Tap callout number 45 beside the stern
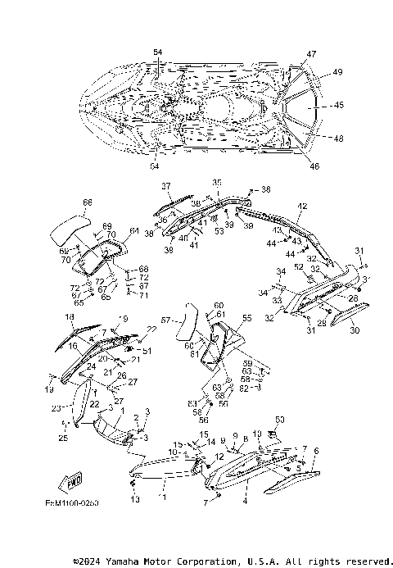339,106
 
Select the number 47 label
311,54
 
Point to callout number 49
337,72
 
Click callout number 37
165,186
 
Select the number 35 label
217,182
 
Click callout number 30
354,331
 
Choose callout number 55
246,317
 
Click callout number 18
70,316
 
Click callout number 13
135,499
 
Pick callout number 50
280,420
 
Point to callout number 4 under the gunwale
245,497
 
